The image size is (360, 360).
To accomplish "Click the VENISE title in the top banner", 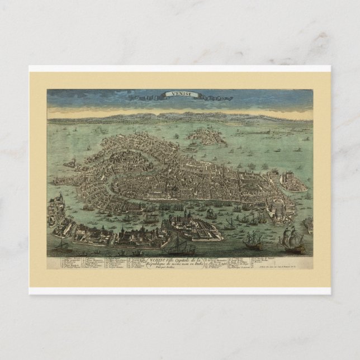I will (x=179, y=95).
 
